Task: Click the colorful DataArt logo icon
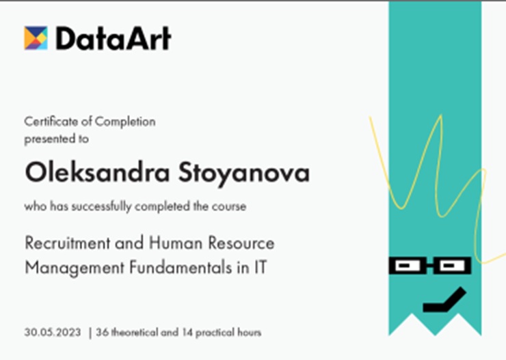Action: [x=36, y=38]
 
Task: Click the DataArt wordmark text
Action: [x=114, y=38]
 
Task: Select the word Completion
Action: [x=125, y=122]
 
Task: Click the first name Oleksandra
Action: [x=98, y=172]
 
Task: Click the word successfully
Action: [x=101, y=206]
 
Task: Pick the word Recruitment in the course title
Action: [x=68, y=243]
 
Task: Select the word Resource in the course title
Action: [x=241, y=243]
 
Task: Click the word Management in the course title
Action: [x=75, y=268]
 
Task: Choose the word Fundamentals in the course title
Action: [x=181, y=267]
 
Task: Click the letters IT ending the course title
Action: [x=260, y=267]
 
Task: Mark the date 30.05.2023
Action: [x=53, y=332]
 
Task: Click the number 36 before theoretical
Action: [x=102, y=332]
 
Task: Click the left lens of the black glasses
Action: [x=408, y=266]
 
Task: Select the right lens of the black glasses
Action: [x=453, y=266]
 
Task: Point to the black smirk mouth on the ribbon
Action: [x=444, y=300]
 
